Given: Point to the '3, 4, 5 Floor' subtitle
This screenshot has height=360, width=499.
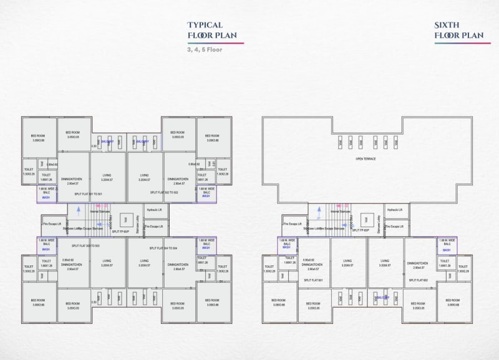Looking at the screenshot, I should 205,49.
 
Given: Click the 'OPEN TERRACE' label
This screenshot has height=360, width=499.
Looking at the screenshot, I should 366,158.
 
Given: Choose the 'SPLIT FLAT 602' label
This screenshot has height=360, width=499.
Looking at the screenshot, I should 419,280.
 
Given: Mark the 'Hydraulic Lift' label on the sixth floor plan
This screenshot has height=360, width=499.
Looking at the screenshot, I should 395,210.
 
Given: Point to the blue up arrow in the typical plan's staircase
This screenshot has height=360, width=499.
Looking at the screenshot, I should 79,212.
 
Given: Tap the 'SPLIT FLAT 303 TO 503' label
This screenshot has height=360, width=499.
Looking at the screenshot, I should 87,247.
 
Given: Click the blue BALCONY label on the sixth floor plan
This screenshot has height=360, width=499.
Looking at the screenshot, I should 382,298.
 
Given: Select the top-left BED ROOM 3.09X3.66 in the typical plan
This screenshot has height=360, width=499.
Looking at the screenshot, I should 38,139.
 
